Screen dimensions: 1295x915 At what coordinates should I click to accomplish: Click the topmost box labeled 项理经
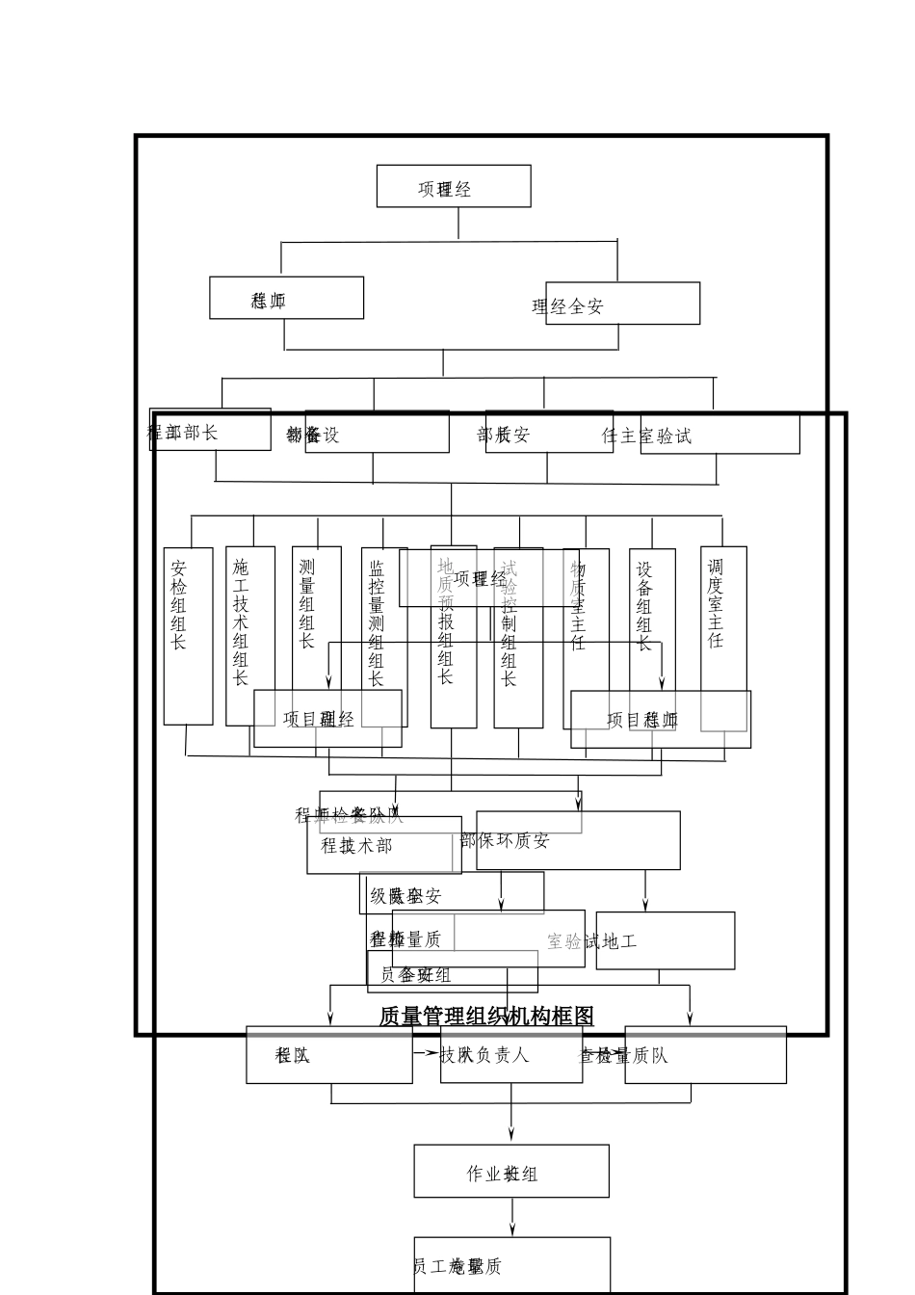453,186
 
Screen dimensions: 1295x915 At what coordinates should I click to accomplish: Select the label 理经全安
568,307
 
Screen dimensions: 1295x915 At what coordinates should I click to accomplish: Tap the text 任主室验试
646,436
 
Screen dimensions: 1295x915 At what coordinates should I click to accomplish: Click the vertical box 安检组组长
187,636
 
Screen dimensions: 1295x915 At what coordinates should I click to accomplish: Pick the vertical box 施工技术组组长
248,636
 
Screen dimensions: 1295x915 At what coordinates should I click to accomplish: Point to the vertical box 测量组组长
315,617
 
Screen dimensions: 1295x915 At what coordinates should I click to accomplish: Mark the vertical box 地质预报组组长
453,636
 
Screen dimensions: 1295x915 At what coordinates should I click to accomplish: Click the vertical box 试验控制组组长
517,636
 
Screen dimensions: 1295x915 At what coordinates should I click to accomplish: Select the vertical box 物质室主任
585,636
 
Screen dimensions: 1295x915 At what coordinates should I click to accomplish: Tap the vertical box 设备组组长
651,617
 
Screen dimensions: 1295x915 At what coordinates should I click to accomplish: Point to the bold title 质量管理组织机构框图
486,1017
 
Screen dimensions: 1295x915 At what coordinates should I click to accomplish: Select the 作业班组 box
510,1172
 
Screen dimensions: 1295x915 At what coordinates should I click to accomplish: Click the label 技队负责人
484,1055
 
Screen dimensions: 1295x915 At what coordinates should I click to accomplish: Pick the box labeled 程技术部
357,846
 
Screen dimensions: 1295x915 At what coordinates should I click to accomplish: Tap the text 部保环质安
505,840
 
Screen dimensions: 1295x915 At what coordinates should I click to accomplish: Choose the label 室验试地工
592,941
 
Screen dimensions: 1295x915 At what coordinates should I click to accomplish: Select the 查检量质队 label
623,1056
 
